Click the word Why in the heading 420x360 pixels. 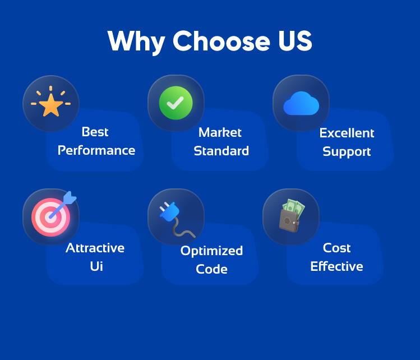tap(136, 42)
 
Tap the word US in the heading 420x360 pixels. tap(295, 41)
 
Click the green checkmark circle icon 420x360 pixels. tap(176, 103)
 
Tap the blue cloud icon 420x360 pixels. tap(301, 103)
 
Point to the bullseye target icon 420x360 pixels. tap(51, 217)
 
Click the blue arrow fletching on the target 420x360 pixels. tap(70, 197)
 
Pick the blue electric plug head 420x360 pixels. tap(169, 211)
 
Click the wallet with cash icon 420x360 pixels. tap(292, 216)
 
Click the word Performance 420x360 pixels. tap(96, 151)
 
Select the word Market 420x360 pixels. tap(220, 132)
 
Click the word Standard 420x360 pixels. tap(221, 151)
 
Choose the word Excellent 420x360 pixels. tap(347, 133)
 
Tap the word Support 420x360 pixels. tap(347, 152)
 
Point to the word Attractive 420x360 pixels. tap(95, 248)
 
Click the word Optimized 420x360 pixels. tap(211, 251)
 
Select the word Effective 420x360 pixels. tap(336, 266)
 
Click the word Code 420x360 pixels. tap(211, 269)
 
